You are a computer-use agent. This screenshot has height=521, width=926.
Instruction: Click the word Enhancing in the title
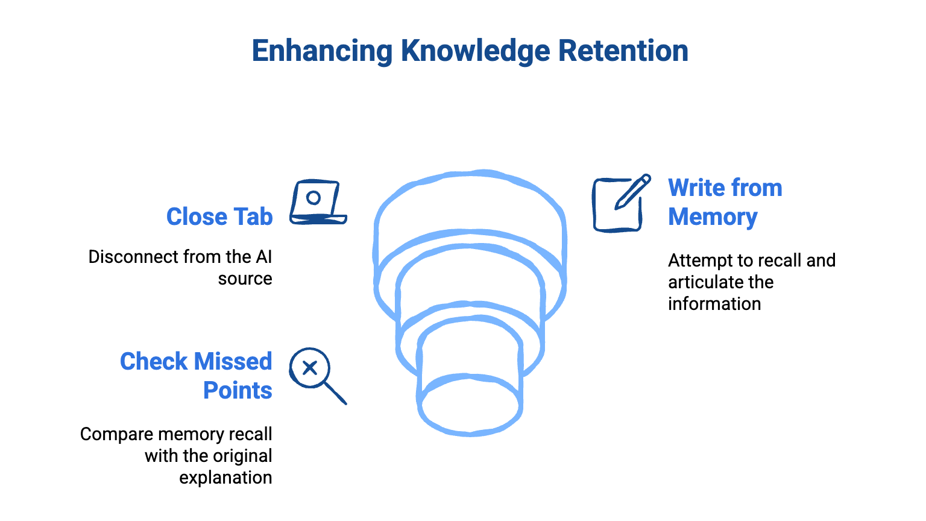(322, 51)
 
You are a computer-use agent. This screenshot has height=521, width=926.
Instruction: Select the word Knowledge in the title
(475, 51)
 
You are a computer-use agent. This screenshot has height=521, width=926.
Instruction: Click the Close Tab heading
(219, 216)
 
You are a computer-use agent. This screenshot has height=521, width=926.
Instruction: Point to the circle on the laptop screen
(313, 197)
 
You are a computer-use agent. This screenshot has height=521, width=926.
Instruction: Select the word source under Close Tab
(245, 279)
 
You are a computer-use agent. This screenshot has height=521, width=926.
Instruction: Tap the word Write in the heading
(698, 188)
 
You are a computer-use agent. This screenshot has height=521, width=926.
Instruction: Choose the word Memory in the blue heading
(713, 217)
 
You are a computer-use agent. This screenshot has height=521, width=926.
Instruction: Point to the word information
(714, 304)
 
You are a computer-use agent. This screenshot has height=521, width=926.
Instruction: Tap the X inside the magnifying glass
(310, 368)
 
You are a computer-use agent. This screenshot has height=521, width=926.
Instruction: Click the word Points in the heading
(238, 391)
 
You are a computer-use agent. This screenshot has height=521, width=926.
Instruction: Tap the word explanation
(225, 478)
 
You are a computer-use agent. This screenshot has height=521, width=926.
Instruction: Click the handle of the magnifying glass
(336, 393)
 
